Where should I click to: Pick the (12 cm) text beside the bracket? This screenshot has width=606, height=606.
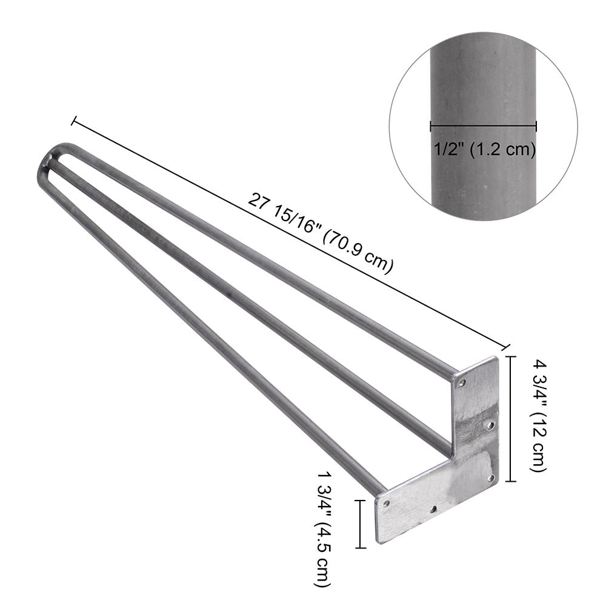click(x=539, y=442)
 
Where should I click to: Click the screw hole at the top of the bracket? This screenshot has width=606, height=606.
click(x=463, y=383)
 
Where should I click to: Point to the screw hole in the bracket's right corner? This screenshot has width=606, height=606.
click(x=491, y=478)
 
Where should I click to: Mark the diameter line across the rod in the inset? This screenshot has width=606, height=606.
click(x=483, y=127)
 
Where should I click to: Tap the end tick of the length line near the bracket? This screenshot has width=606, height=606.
click(x=505, y=346)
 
